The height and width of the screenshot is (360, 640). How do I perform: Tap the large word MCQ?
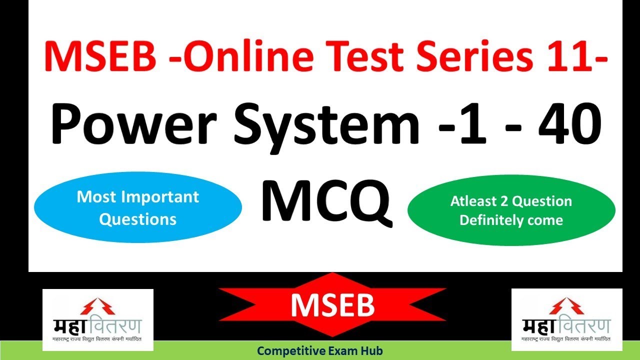pyautogui.click(x=325, y=202)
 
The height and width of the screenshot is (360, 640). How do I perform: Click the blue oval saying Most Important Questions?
pyautogui.click(x=137, y=208)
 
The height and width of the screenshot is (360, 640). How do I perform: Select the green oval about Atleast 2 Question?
pyautogui.click(x=511, y=210)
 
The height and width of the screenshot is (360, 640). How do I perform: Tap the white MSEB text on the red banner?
pyautogui.click(x=332, y=304)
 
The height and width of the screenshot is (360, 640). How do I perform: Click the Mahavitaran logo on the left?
pyautogui.click(x=97, y=320)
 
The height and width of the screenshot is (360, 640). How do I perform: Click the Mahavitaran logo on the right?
pyautogui.click(x=566, y=320)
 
